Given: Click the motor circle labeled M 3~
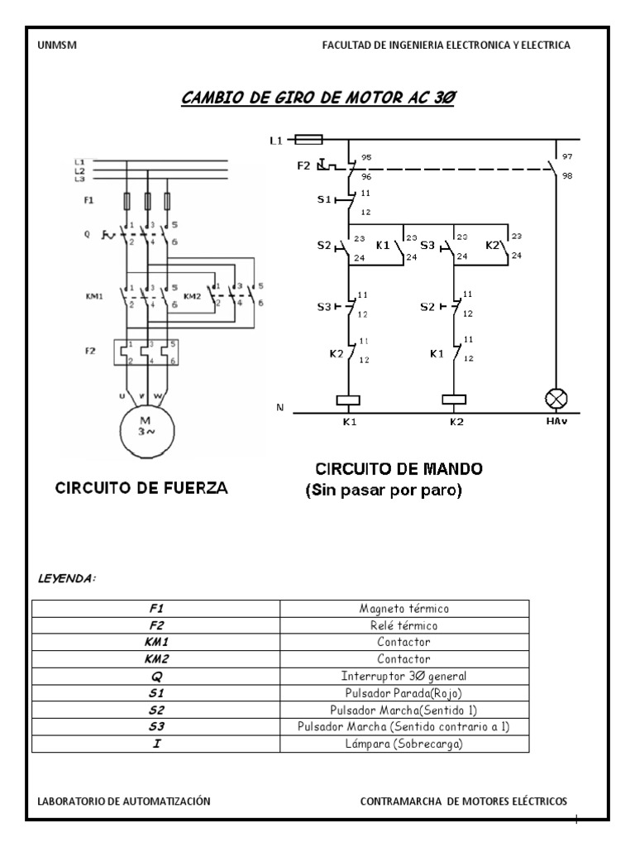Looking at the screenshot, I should pos(146,429).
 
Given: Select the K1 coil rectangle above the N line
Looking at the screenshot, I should pos(348,400).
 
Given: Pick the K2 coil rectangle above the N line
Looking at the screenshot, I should pos(455,400).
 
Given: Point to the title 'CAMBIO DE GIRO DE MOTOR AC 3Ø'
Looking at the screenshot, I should pos(318,98).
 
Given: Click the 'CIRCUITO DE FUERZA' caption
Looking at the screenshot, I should pos(141,488).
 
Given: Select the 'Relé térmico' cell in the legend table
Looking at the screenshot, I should pos(404,624).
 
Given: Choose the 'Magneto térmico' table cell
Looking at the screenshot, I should pos(404,608).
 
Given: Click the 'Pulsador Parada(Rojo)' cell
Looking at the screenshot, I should pos(404,692).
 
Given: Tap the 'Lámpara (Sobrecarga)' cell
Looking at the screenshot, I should pos(404,744).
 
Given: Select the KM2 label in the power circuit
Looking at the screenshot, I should pos(192,295).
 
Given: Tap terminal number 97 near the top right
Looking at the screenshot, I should pos(566,156).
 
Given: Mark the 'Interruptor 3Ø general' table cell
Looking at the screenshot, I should pos(404,676).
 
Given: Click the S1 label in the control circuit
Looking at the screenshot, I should pos(323,200).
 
